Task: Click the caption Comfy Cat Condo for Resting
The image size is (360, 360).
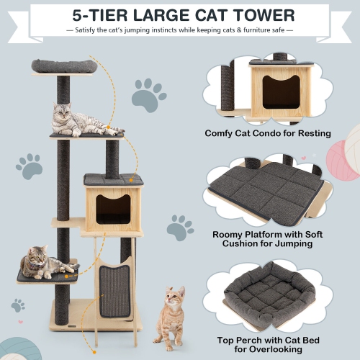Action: [x=268, y=133]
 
